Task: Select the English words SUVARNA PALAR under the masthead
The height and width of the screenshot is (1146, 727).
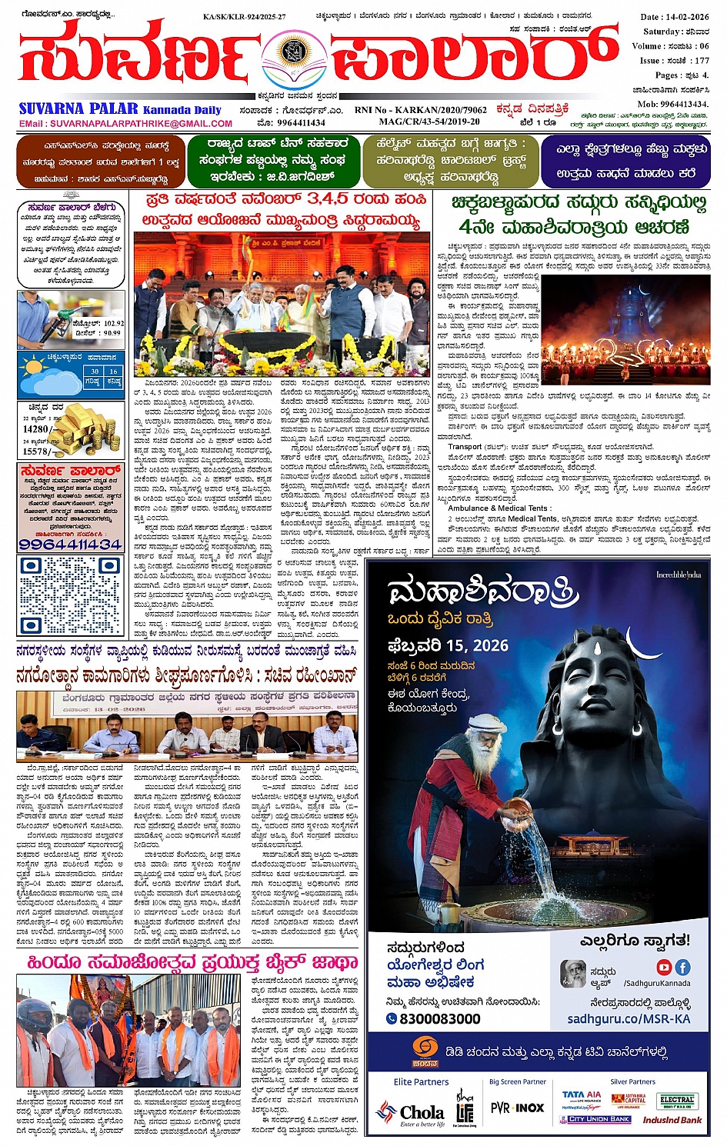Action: coord(78,109)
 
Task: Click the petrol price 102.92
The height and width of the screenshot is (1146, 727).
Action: coord(112,324)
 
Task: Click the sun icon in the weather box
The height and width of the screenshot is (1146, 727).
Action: coord(34,368)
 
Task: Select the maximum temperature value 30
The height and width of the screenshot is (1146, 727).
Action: coord(95,371)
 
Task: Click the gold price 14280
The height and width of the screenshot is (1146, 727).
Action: coord(37,429)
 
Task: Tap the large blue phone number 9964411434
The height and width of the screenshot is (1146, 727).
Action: coord(70,544)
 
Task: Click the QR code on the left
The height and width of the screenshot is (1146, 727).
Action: coord(70,595)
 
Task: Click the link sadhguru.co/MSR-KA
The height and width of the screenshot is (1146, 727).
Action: coord(629,1018)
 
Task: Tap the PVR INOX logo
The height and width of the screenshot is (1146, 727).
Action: coord(517,1108)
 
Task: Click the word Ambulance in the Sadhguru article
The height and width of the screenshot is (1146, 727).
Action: coord(470,508)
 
